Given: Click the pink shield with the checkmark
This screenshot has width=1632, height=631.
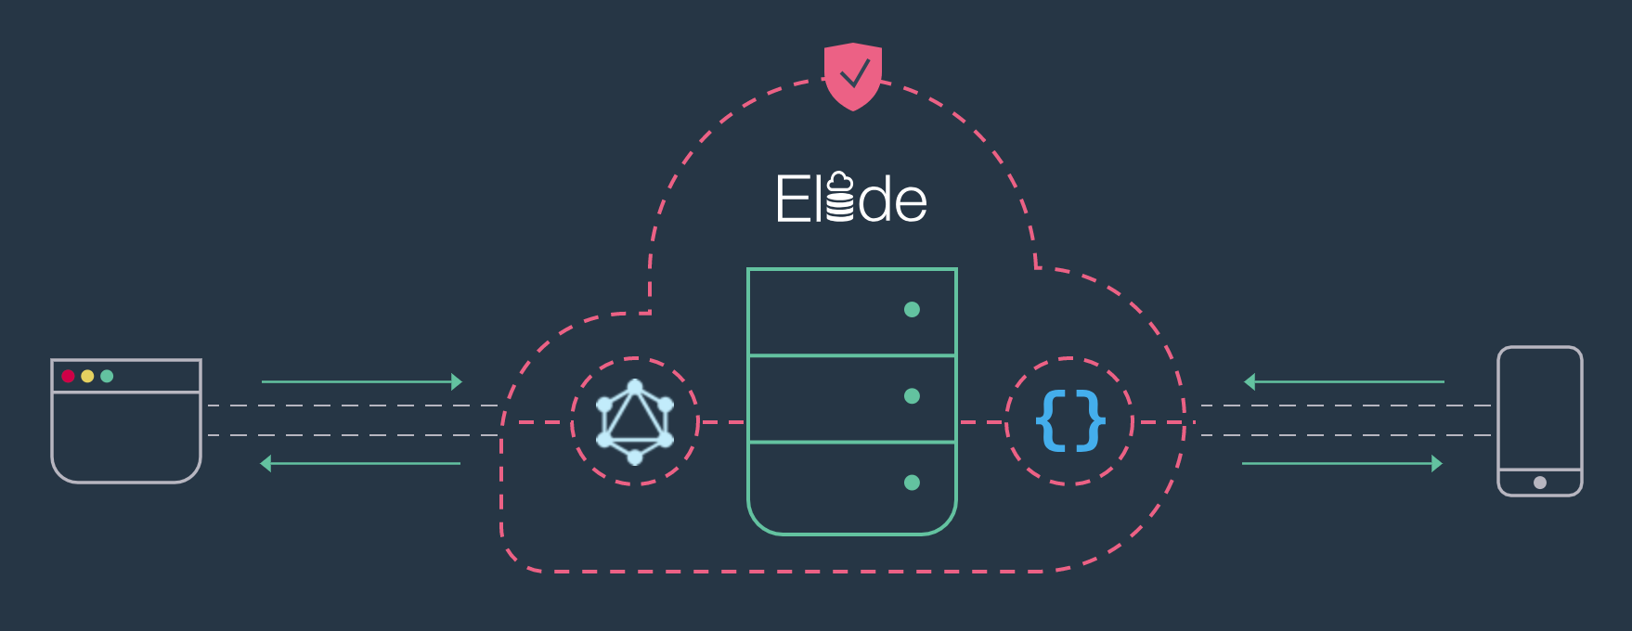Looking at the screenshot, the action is [x=852, y=75].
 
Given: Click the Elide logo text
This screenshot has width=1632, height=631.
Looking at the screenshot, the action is [x=851, y=199].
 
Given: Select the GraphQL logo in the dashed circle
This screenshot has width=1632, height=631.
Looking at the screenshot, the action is [x=635, y=421].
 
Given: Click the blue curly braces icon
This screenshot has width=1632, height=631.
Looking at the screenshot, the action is [x=1070, y=421].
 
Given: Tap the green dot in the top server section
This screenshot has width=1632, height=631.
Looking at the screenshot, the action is [x=912, y=310].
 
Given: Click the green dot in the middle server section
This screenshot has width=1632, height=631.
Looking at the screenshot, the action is [x=912, y=396].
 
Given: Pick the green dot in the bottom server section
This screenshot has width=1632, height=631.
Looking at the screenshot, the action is [x=912, y=483].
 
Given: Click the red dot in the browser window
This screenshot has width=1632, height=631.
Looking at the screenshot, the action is [x=68, y=376].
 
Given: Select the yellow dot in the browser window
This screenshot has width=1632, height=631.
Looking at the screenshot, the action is [x=87, y=376].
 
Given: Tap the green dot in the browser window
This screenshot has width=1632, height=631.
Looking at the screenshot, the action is [x=107, y=376].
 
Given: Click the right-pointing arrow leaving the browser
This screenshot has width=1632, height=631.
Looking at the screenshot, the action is [x=362, y=381].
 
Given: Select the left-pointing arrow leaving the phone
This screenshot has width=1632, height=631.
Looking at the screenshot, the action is [x=1343, y=381].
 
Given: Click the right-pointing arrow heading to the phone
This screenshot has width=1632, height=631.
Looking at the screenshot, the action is [x=1342, y=463].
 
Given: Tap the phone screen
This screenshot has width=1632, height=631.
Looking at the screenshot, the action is [x=1539, y=408].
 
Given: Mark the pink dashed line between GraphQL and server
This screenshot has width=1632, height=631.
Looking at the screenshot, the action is [x=722, y=422].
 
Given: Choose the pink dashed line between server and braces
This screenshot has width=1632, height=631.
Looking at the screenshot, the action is [x=982, y=422].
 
